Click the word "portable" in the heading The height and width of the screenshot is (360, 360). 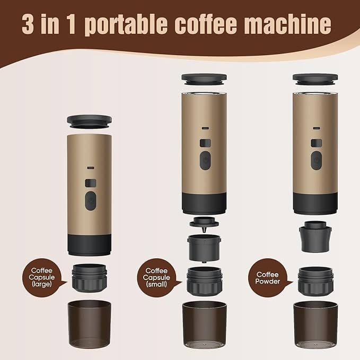click(x=126, y=24)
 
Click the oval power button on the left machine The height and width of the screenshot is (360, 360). click(x=91, y=201)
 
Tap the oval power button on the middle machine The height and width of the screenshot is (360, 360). click(x=205, y=161)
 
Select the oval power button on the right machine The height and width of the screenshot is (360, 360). click(x=317, y=161)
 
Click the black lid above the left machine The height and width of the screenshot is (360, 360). click(x=89, y=122)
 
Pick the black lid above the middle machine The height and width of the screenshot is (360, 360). click(x=204, y=80)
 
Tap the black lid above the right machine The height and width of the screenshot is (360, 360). click(x=315, y=80)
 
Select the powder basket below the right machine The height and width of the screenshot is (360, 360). click(x=315, y=236)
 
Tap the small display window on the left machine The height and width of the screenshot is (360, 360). click(x=91, y=183)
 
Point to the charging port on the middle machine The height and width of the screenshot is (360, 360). click(x=205, y=128)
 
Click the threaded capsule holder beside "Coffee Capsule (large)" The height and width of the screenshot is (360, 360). click(x=89, y=278)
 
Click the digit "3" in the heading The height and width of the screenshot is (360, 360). click(x=28, y=24)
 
